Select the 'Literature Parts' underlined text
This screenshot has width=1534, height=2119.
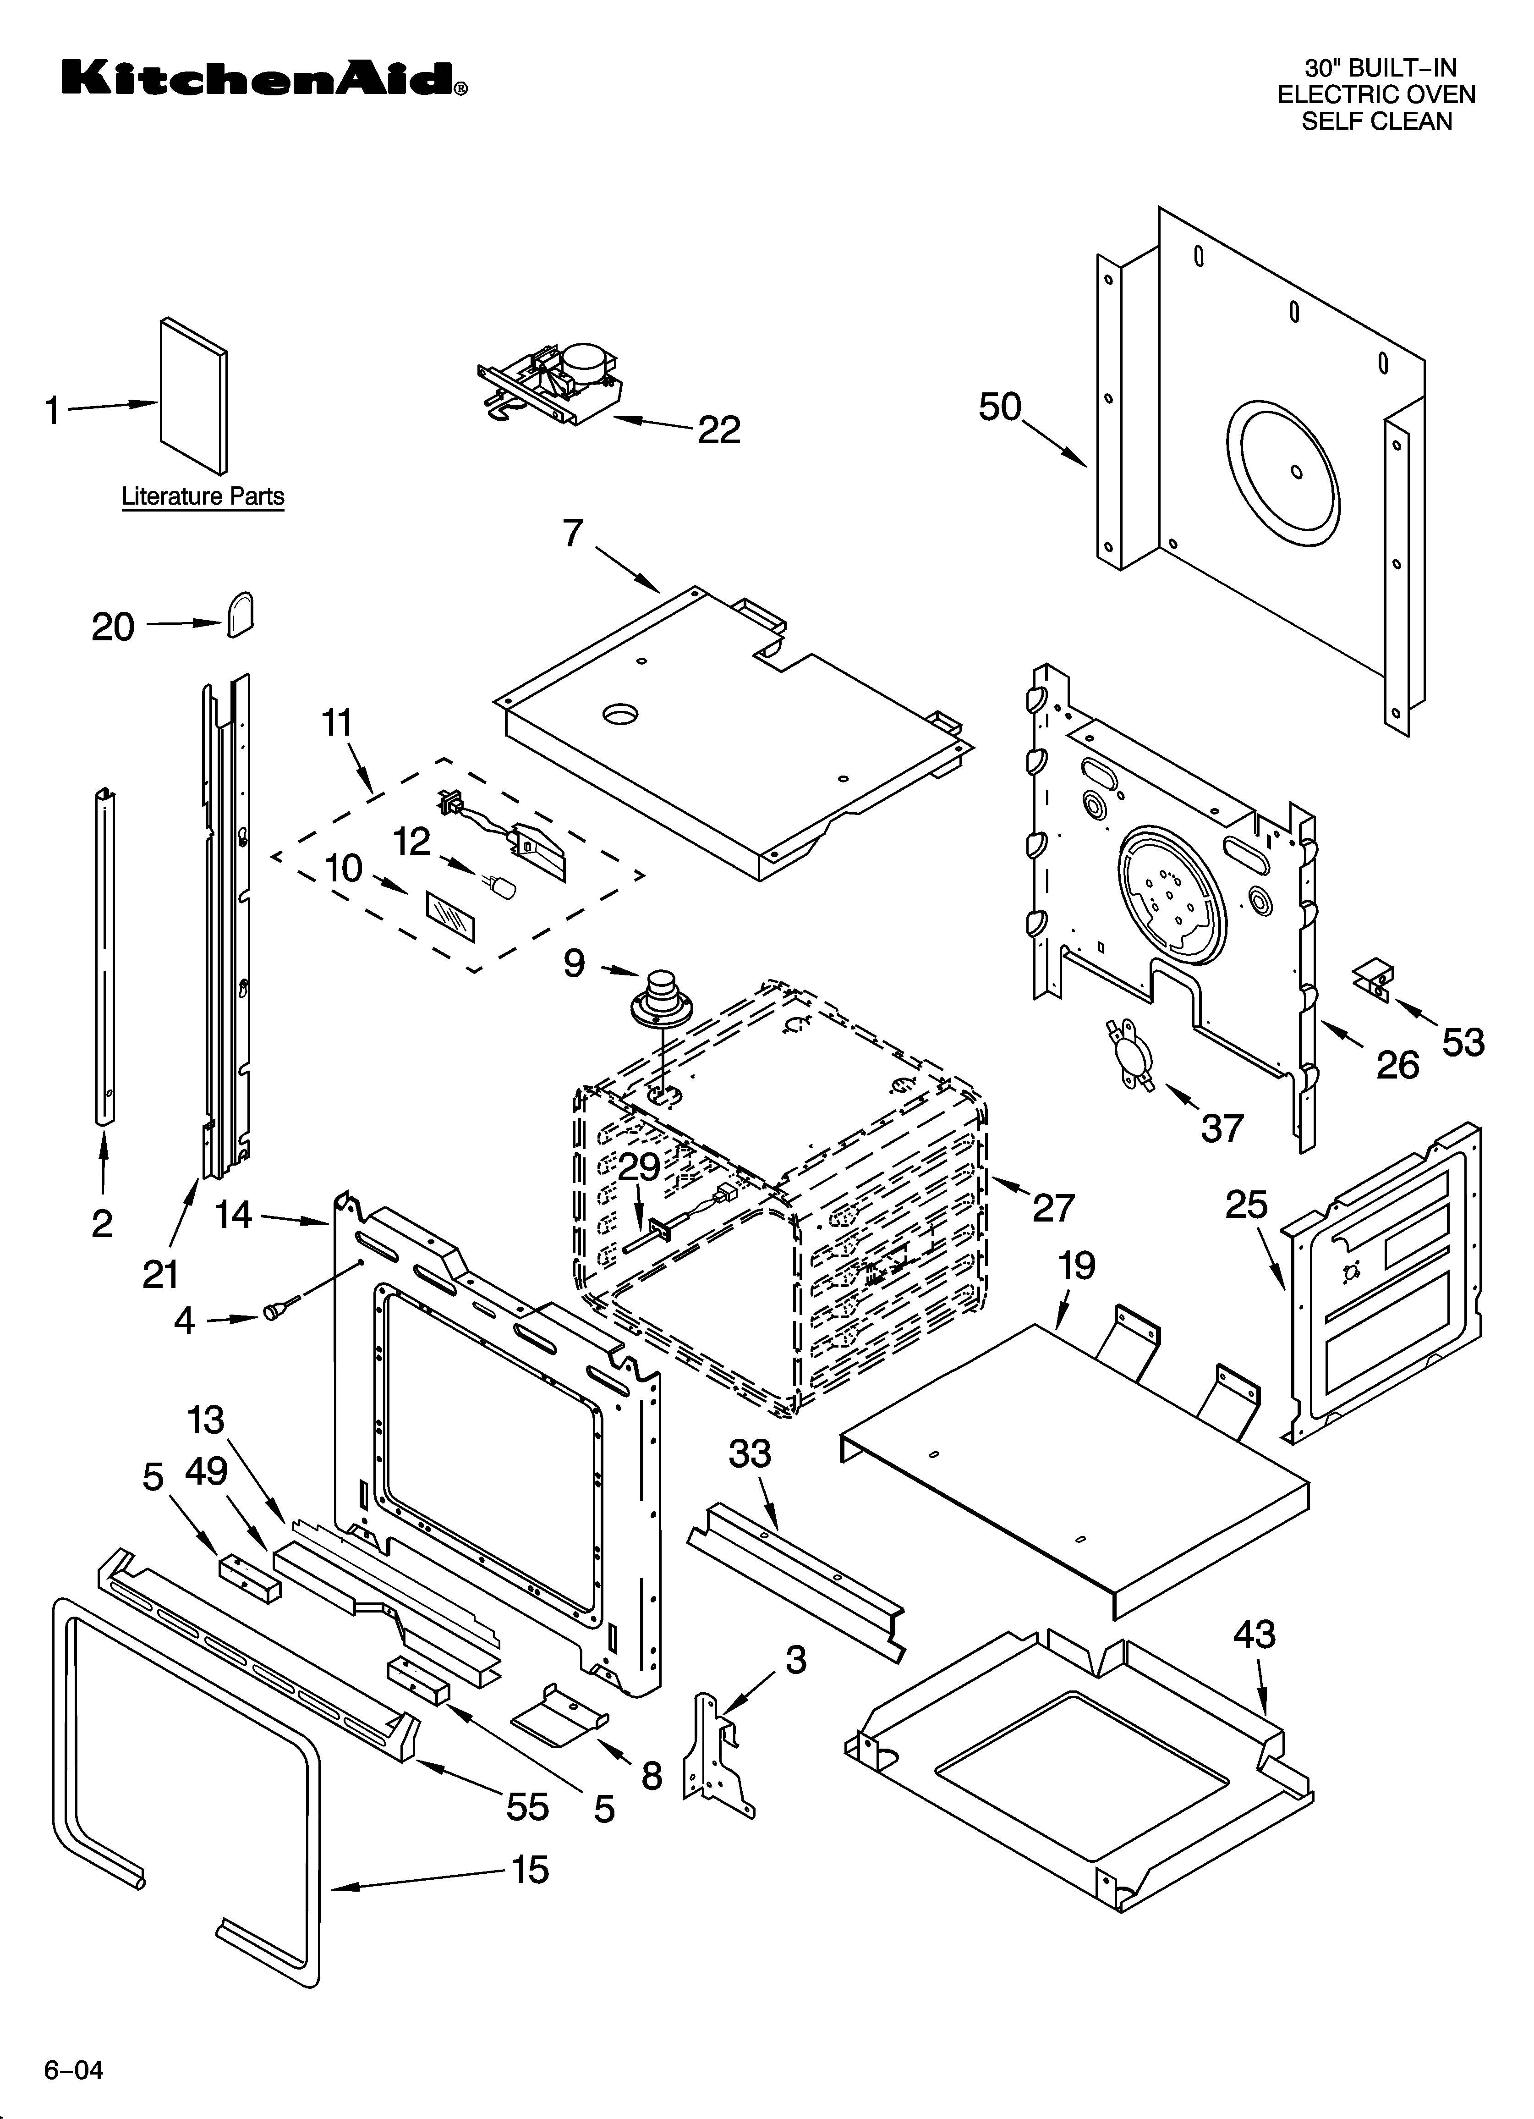pyautogui.click(x=203, y=496)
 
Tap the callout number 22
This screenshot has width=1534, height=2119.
pyautogui.click(x=718, y=430)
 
